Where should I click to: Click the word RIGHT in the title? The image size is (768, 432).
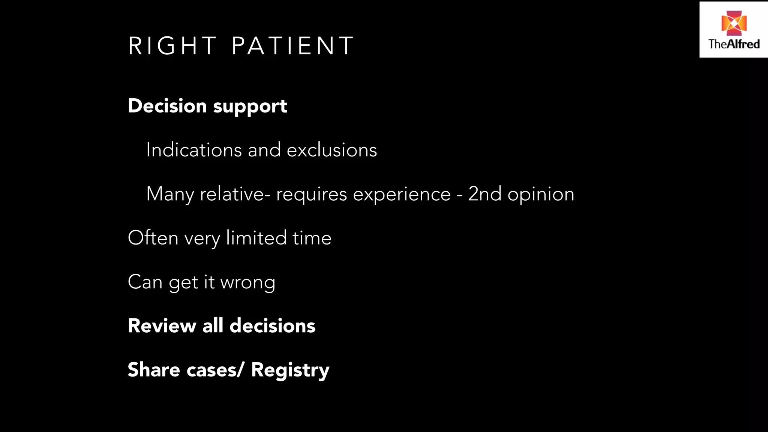172,46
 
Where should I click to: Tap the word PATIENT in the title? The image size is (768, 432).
292,46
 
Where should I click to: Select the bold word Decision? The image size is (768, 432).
167,106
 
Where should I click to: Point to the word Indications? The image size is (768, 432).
194,150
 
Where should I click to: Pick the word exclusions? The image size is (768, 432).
332,150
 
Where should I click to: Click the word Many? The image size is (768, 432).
170,194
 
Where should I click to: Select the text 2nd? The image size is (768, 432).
484,194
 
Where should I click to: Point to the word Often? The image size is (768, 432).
153,238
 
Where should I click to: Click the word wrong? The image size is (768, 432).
248,283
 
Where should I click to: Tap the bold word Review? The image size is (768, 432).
162,325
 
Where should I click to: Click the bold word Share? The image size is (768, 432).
154,369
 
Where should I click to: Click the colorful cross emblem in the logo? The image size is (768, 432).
734,23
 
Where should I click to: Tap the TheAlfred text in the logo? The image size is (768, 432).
734,44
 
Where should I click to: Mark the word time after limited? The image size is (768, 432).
312,238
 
